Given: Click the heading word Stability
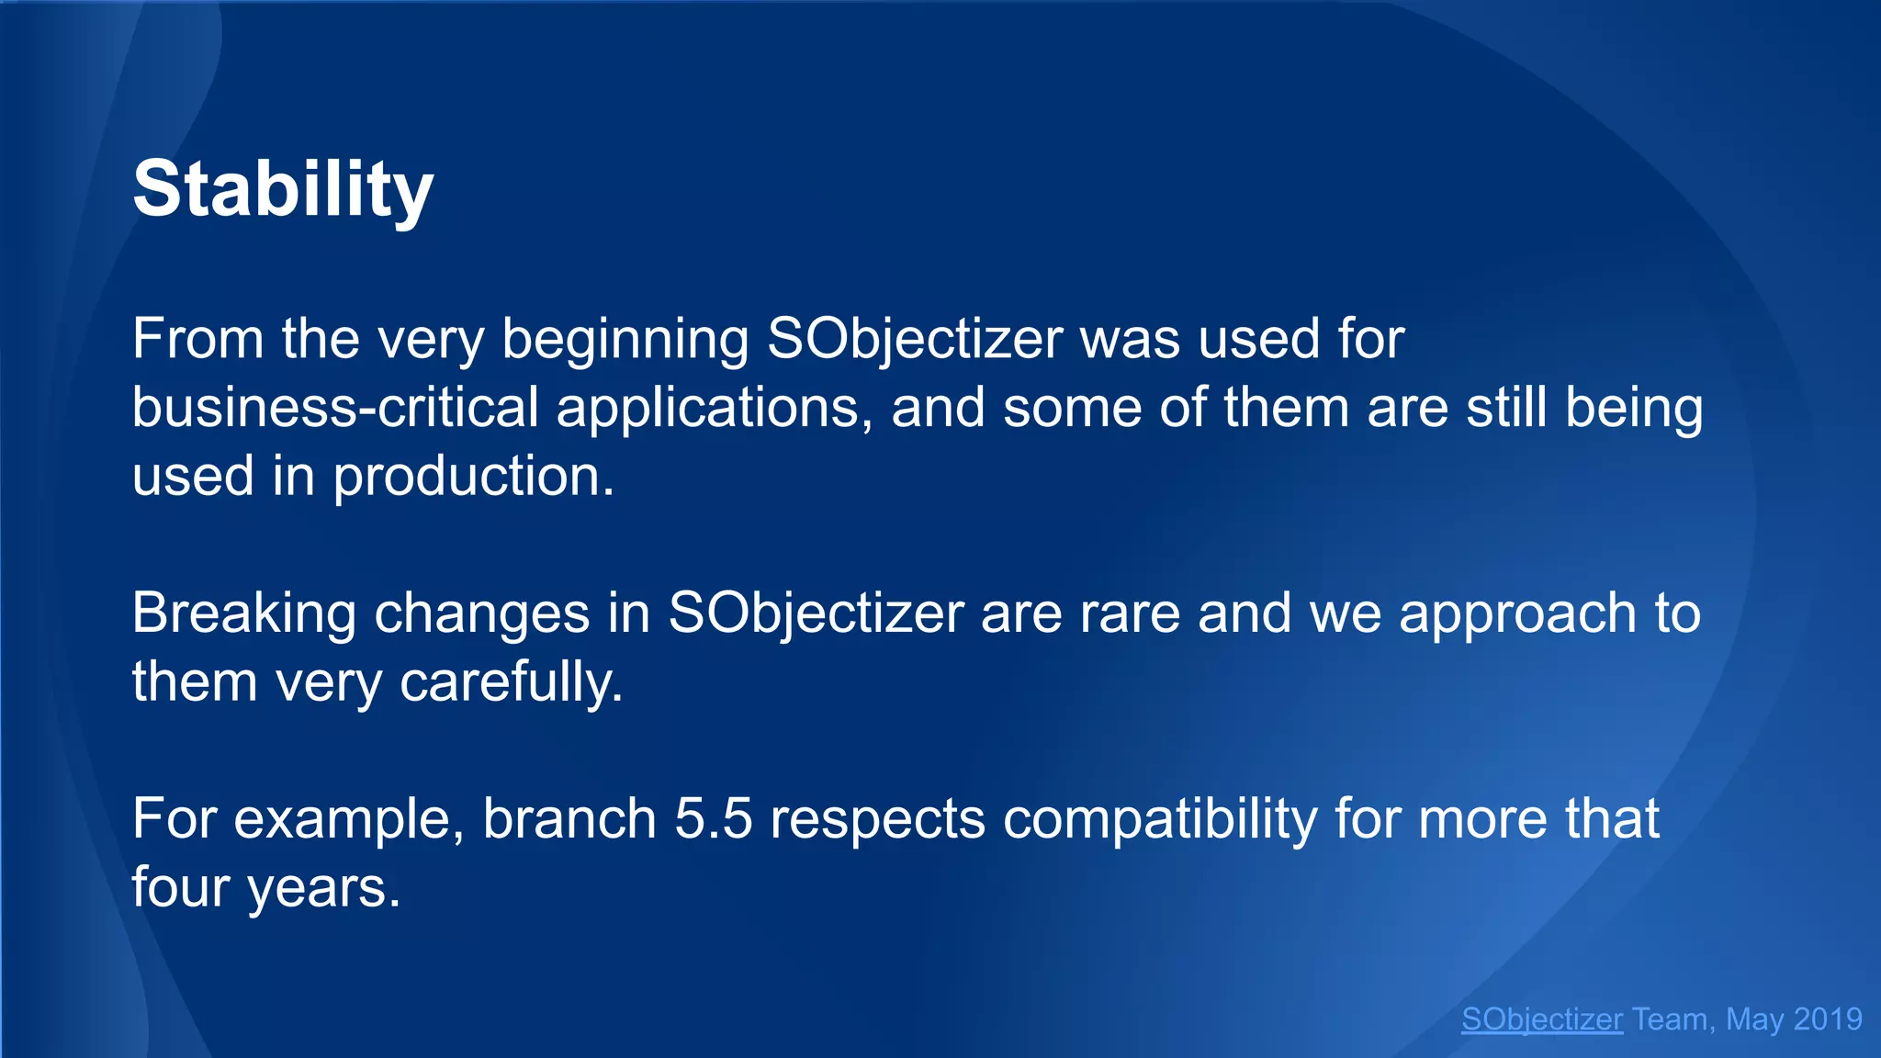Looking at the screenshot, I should pyautogui.click(x=282, y=190).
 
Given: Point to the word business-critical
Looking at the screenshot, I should pyautogui.click(x=335, y=408).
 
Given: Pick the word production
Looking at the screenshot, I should pyautogui.click(x=473, y=478).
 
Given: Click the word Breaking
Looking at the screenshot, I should pyautogui.click(x=243, y=613).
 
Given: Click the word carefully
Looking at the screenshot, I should pyautogui.click(x=512, y=683).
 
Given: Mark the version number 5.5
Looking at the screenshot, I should pyautogui.click(x=714, y=818).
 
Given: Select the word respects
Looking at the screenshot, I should pyautogui.click(x=877, y=820).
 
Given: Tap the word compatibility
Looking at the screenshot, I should pyautogui.click(x=1160, y=820).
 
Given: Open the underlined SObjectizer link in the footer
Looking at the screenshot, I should pyautogui.click(x=1542, y=1019).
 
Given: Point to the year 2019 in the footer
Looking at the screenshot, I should pyautogui.click(x=1828, y=1019).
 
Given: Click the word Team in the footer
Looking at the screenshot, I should pyautogui.click(x=1671, y=1019).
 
